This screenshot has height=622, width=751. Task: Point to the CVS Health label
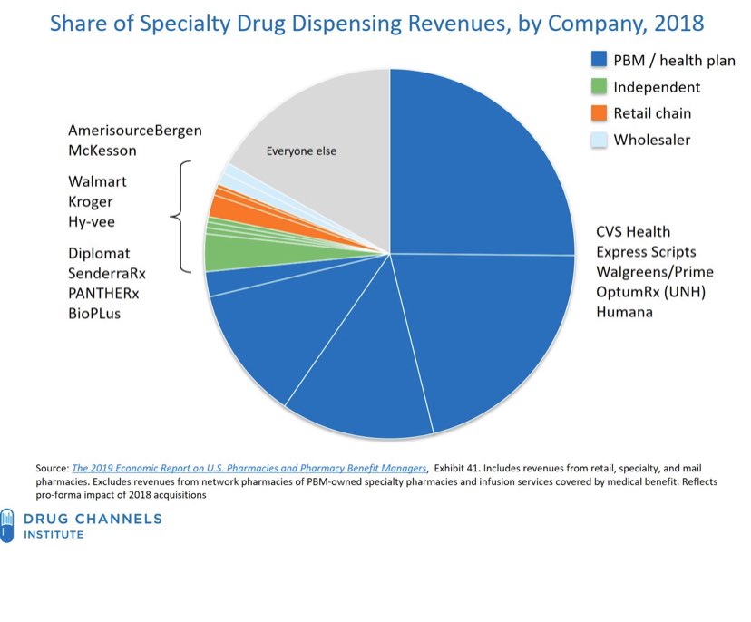(633, 232)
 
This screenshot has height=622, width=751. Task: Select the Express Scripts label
(646, 252)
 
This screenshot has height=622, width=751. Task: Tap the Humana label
(623, 312)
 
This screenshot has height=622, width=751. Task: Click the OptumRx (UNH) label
(649, 292)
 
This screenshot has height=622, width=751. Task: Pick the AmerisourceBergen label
(134, 131)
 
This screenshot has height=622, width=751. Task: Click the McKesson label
(102, 151)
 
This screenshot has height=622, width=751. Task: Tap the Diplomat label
(99, 253)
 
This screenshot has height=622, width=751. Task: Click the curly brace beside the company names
(180, 217)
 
